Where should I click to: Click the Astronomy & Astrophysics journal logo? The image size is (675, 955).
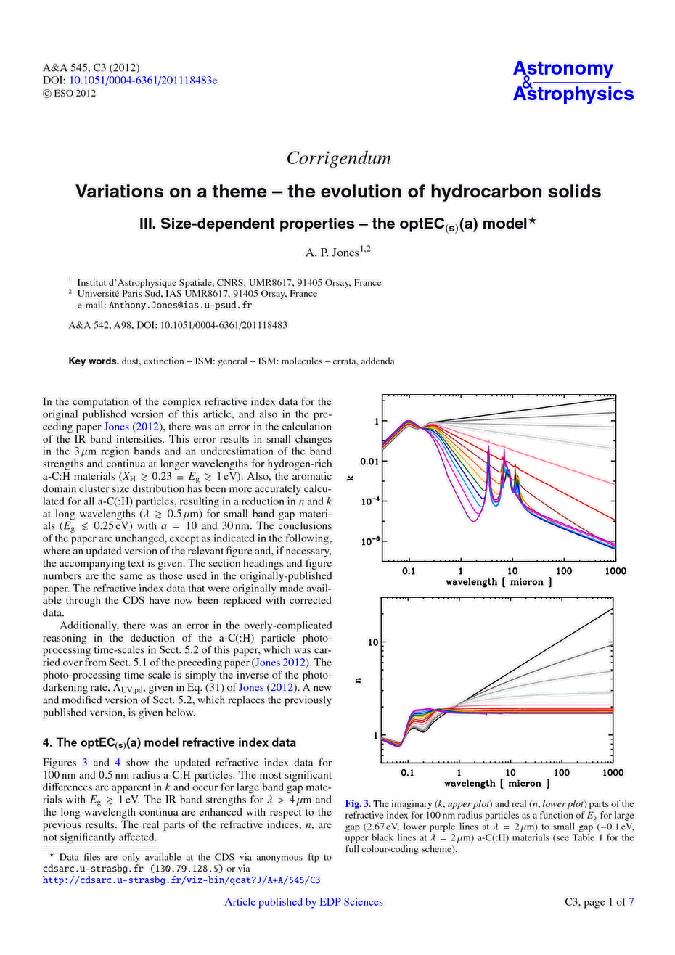tap(573, 81)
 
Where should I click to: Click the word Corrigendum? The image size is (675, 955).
tap(338, 157)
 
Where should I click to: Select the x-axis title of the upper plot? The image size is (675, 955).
tap(499, 582)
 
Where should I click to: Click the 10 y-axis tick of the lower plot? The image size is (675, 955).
tap(373, 642)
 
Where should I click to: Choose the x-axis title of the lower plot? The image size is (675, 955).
tap(497, 784)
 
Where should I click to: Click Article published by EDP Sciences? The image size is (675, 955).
tap(303, 902)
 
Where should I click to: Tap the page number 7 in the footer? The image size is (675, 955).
tap(631, 902)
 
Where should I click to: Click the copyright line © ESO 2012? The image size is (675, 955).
tap(70, 93)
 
